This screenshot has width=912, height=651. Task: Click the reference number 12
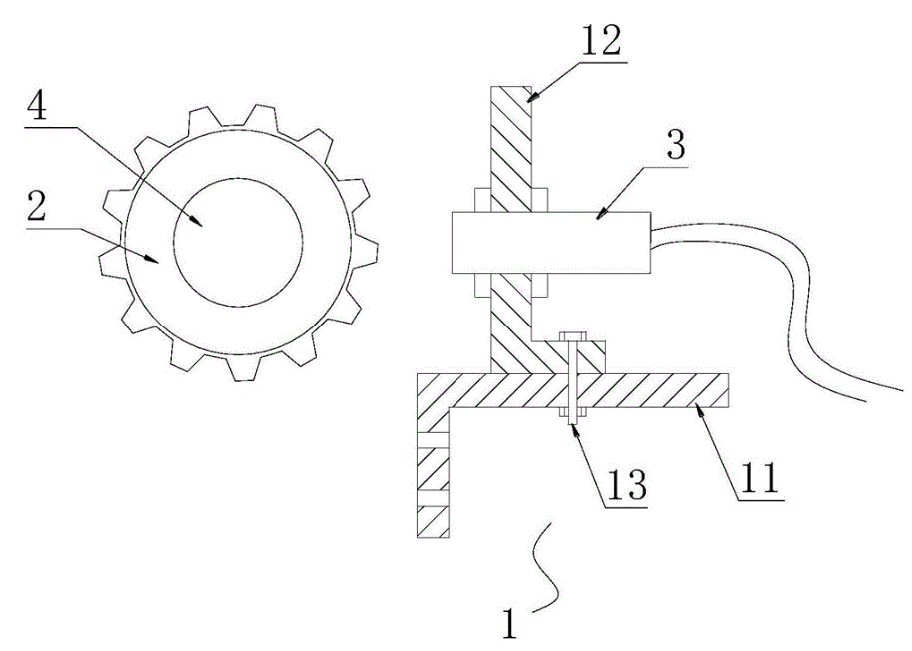(x=601, y=40)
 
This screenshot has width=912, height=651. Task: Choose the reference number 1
(x=509, y=624)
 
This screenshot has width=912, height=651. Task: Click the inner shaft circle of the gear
(x=238, y=242)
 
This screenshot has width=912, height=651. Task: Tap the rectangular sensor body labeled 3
(x=550, y=242)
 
